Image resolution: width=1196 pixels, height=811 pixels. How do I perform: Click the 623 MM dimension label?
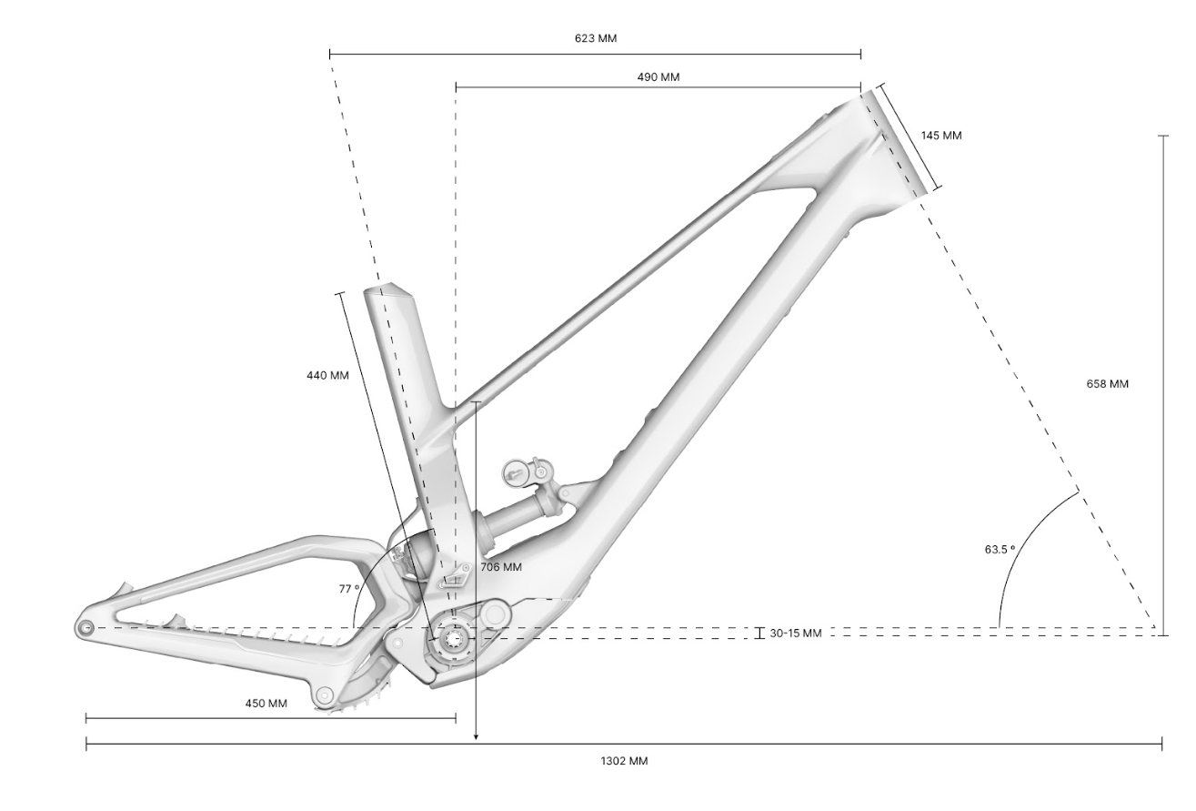click(x=596, y=38)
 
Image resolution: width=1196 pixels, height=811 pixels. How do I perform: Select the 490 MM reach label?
click(x=658, y=77)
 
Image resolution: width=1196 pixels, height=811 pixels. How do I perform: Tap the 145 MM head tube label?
click(x=941, y=136)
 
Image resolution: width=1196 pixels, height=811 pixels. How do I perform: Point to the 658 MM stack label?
click(x=1108, y=383)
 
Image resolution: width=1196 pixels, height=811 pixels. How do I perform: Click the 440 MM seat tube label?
click(x=327, y=376)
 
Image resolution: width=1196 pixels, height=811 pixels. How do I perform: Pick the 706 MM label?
click(x=501, y=567)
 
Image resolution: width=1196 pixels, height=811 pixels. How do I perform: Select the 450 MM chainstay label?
click(x=266, y=703)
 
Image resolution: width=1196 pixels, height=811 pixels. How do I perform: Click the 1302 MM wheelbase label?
click(x=624, y=761)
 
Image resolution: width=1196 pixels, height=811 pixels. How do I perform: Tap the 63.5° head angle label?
click(x=1000, y=549)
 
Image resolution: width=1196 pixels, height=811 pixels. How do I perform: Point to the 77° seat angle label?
click(x=348, y=589)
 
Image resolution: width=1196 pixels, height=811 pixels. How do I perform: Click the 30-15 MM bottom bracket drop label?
click(x=796, y=634)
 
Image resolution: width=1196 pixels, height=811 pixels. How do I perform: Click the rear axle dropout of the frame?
click(x=85, y=627)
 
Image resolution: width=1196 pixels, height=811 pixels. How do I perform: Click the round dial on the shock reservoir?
click(x=516, y=472)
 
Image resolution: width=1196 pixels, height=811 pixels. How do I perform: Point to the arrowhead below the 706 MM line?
click(x=477, y=737)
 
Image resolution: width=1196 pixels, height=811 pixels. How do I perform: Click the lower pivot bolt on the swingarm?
click(x=323, y=695)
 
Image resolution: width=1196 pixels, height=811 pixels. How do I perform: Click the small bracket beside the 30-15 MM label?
click(x=759, y=633)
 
